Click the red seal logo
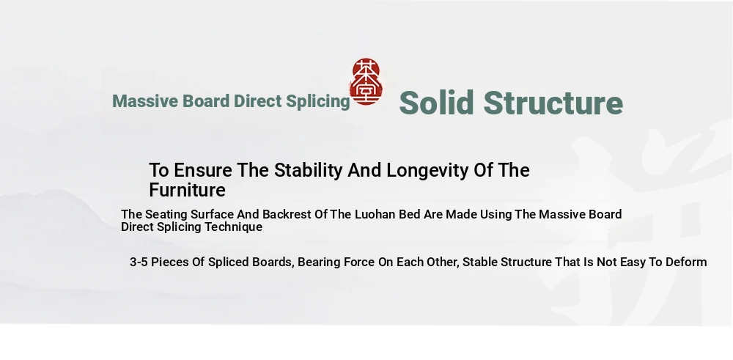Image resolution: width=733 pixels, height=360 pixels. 366,82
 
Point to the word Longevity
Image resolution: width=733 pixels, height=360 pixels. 428,171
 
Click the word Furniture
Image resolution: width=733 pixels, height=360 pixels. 187,191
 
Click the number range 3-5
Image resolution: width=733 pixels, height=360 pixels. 139,262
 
